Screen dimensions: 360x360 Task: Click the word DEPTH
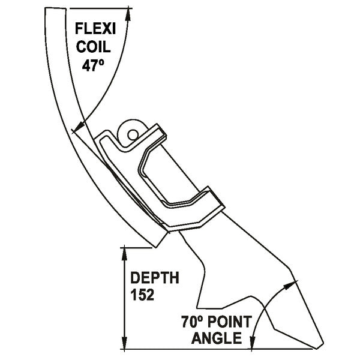[155, 278]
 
